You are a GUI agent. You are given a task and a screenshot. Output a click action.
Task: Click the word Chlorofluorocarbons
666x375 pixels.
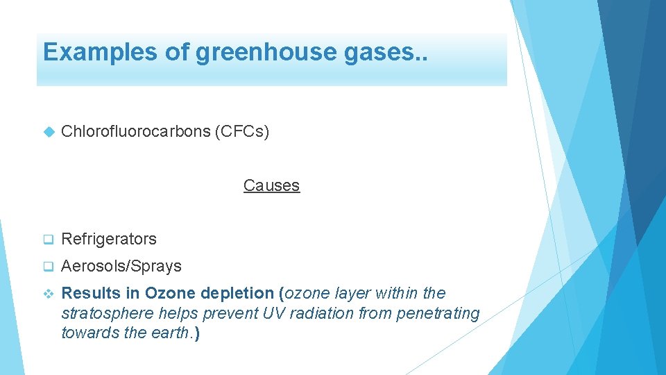tap(135, 131)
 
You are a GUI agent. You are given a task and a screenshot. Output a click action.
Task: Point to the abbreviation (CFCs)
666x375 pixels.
tap(242, 131)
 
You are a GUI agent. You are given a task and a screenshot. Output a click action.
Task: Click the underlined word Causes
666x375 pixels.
tap(271, 185)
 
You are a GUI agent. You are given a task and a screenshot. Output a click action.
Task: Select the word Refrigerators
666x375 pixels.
tap(109, 239)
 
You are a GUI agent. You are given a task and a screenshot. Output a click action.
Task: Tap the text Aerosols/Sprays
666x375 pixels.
tap(121, 266)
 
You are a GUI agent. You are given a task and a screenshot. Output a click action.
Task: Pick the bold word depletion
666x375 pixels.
tap(238, 293)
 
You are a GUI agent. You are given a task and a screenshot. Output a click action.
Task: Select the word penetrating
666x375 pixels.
tap(438, 313)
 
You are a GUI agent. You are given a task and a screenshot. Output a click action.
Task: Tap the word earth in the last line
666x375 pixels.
tap(171, 333)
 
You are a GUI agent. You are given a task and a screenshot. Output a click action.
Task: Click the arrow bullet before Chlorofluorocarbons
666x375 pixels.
tap(48, 131)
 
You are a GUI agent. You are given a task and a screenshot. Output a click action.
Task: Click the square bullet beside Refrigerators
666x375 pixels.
tap(48, 240)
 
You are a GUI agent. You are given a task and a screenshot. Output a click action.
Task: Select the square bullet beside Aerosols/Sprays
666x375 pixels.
tap(48, 267)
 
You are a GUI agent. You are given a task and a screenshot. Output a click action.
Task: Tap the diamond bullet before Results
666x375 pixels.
tap(48, 294)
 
